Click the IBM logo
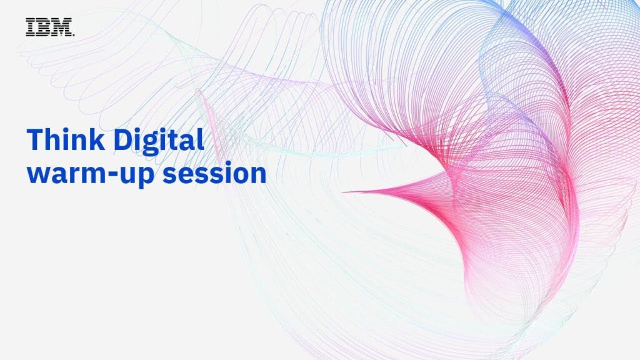(50, 27)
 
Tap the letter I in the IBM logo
(31, 27)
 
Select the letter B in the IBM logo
(43, 27)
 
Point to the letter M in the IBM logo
(62, 27)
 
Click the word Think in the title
(66, 140)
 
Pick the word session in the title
(215, 173)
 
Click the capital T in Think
(35, 140)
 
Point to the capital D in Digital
(123, 140)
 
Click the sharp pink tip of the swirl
(343, 191)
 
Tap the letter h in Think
(54, 139)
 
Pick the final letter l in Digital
(201, 139)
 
